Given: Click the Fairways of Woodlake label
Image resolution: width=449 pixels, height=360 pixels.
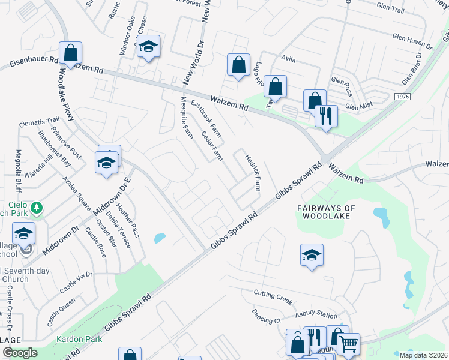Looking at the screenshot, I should [x=327, y=212].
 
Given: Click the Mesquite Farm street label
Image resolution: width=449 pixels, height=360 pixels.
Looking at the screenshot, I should [x=187, y=115].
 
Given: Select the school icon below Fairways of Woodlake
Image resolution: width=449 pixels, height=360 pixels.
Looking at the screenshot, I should [x=312, y=254].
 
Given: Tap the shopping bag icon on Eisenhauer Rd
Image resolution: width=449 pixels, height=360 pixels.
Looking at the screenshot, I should [x=71, y=52].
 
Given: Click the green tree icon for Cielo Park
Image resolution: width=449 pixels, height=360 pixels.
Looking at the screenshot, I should [x=37, y=208].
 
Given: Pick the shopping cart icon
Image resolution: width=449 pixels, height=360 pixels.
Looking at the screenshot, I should [x=348, y=344].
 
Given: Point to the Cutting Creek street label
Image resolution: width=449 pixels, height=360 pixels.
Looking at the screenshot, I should [x=272, y=295].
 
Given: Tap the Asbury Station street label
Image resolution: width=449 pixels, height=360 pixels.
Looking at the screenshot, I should [x=316, y=315].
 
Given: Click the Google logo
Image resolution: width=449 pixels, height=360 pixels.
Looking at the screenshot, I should [x=20, y=353].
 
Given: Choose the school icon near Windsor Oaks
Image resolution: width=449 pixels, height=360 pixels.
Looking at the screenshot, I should [x=148, y=46].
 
